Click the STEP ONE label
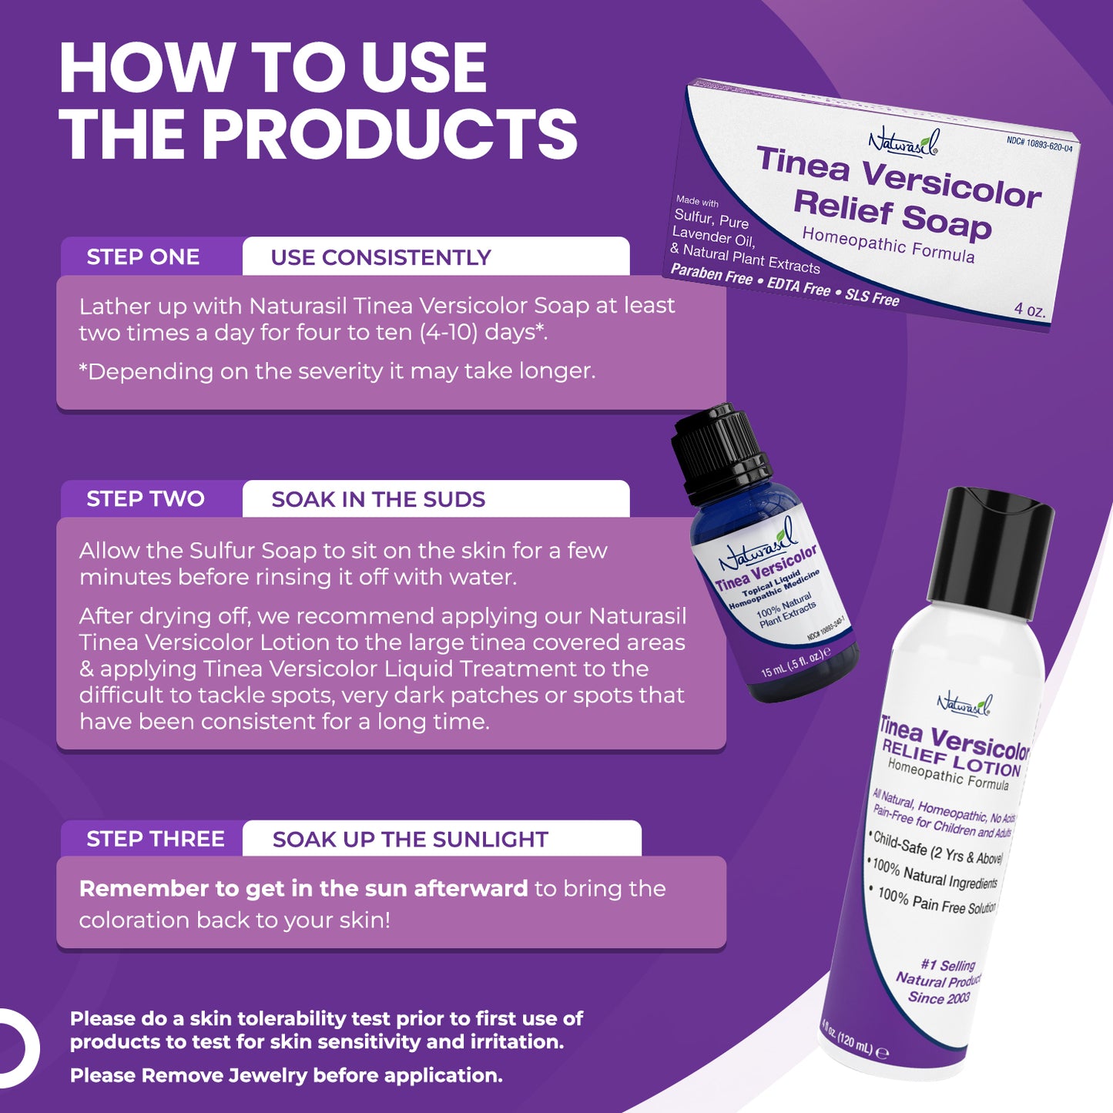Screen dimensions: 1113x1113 [x=143, y=257]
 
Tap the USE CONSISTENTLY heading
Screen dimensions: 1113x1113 [x=380, y=257]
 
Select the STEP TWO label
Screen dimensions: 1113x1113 [x=146, y=499]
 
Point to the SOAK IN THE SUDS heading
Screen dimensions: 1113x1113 [x=378, y=500]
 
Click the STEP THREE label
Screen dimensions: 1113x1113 [x=156, y=840]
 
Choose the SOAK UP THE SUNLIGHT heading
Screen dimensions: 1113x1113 [x=410, y=840]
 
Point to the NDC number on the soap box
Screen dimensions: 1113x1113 [x=1039, y=144]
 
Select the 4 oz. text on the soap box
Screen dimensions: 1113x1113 [x=1030, y=310]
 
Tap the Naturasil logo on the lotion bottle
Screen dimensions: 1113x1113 [x=964, y=704]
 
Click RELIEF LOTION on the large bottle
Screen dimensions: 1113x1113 [x=951, y=759]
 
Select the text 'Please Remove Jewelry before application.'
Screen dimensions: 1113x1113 [x=286, y=1075]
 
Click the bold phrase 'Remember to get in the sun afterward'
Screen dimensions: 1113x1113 [x=303, y=888]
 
